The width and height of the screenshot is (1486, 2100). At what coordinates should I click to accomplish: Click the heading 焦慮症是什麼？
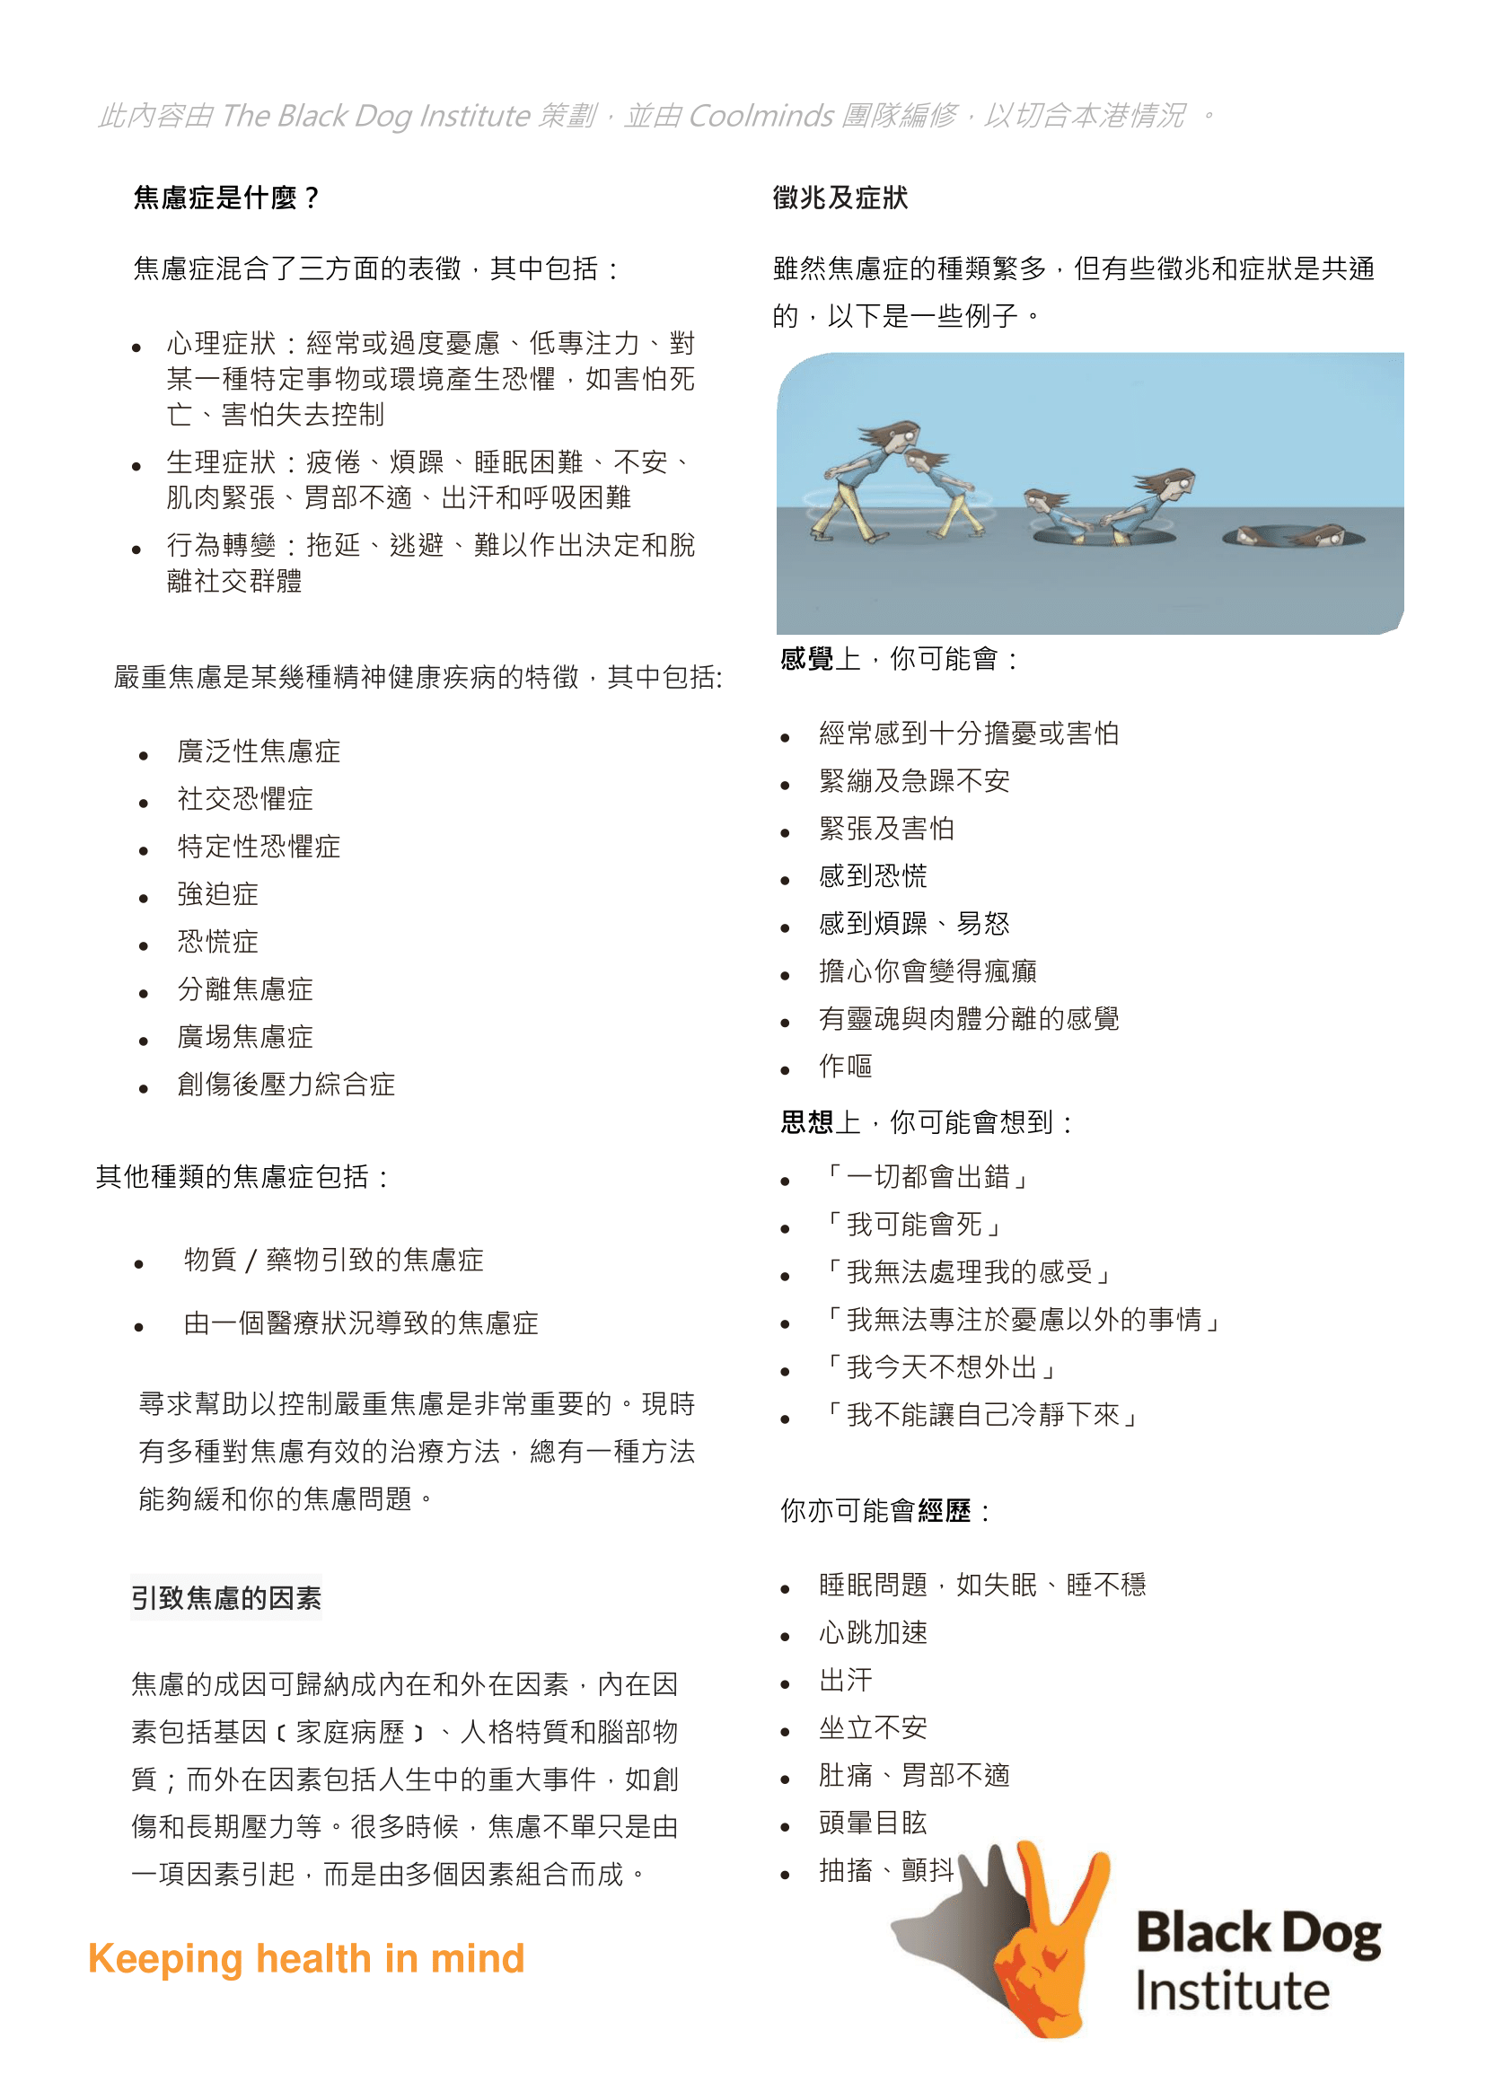[x=226, y=198]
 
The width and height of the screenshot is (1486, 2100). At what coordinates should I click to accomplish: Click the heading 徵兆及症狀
[x=840, y=198]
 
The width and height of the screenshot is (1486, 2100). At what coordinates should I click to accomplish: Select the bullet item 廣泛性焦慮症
[x=259, y=751]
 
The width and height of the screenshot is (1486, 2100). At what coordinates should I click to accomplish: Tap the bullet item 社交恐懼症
[x=245, y=799]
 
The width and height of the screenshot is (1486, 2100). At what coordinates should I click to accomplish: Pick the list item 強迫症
[x=218, y=894]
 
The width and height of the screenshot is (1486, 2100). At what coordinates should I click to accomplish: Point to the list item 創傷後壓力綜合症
[x=286, y=1085]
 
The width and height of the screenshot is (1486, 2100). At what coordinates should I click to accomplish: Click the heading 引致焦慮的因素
[x=226, y=1598]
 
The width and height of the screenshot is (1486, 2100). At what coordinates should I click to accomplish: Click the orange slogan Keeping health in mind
[x=306, y=1959]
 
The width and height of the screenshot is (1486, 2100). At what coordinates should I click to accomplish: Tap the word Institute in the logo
[x=1232, y=1992]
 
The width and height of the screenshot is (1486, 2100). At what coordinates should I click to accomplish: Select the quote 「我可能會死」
[x=914, y=1225]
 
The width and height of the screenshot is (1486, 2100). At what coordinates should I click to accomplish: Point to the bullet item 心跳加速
[x=873, y=1632]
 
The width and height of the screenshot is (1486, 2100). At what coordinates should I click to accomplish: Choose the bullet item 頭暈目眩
[x=873, y=1823]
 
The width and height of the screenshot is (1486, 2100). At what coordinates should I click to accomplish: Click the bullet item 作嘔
[x=846, y=1066]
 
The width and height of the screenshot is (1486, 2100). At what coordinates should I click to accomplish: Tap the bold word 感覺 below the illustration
[x=806, y=659]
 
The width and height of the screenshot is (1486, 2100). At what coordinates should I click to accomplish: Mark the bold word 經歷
[x=944, y=1511]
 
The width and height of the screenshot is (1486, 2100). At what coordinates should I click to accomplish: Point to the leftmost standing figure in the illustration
[x=865, y=480]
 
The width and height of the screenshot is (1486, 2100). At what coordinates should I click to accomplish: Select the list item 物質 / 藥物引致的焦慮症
[x=333, y=1260]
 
